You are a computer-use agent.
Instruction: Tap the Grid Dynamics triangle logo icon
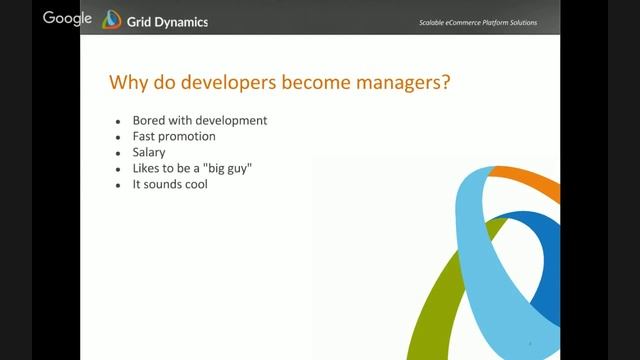111,19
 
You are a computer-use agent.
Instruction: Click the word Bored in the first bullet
149,120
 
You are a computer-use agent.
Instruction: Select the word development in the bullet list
232,120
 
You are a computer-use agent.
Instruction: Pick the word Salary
149,152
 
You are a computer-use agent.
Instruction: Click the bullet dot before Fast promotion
119,137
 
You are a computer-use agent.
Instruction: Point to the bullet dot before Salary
119,153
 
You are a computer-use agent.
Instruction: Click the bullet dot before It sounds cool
119,185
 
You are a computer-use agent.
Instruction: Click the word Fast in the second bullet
144,136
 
